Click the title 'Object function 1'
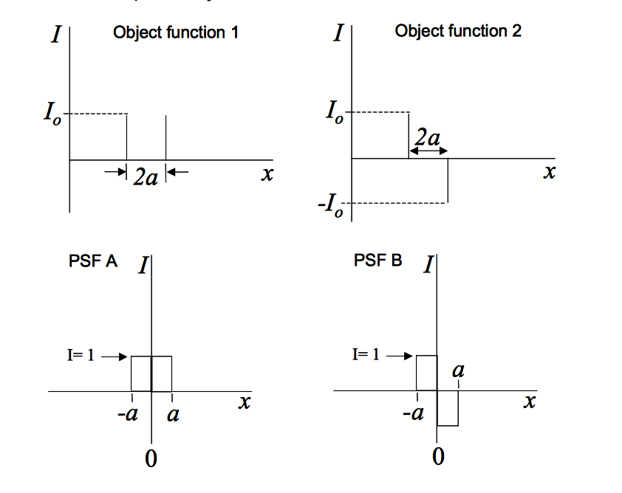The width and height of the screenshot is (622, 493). point(176,33)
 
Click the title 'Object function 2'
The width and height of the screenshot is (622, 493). point(459,31)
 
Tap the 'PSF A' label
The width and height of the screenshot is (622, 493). point(92,261)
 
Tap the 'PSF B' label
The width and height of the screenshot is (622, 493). point(377,261)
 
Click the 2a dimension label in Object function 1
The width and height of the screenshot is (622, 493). point(146,178)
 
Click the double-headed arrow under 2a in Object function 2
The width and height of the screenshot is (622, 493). point(428,151)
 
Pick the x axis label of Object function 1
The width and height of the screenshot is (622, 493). point(267,174)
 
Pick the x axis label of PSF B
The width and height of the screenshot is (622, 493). point(529,402)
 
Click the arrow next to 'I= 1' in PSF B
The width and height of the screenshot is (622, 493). point(398,356)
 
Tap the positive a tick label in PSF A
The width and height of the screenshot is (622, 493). point(173,414)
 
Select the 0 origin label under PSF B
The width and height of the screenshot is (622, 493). point(439,457)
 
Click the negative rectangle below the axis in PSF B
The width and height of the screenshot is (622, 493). point(448,408)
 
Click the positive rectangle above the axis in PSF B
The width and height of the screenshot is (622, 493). point(426,373)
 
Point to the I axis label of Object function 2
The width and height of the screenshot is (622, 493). point(337,33)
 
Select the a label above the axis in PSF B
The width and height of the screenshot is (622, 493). point(458,371)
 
